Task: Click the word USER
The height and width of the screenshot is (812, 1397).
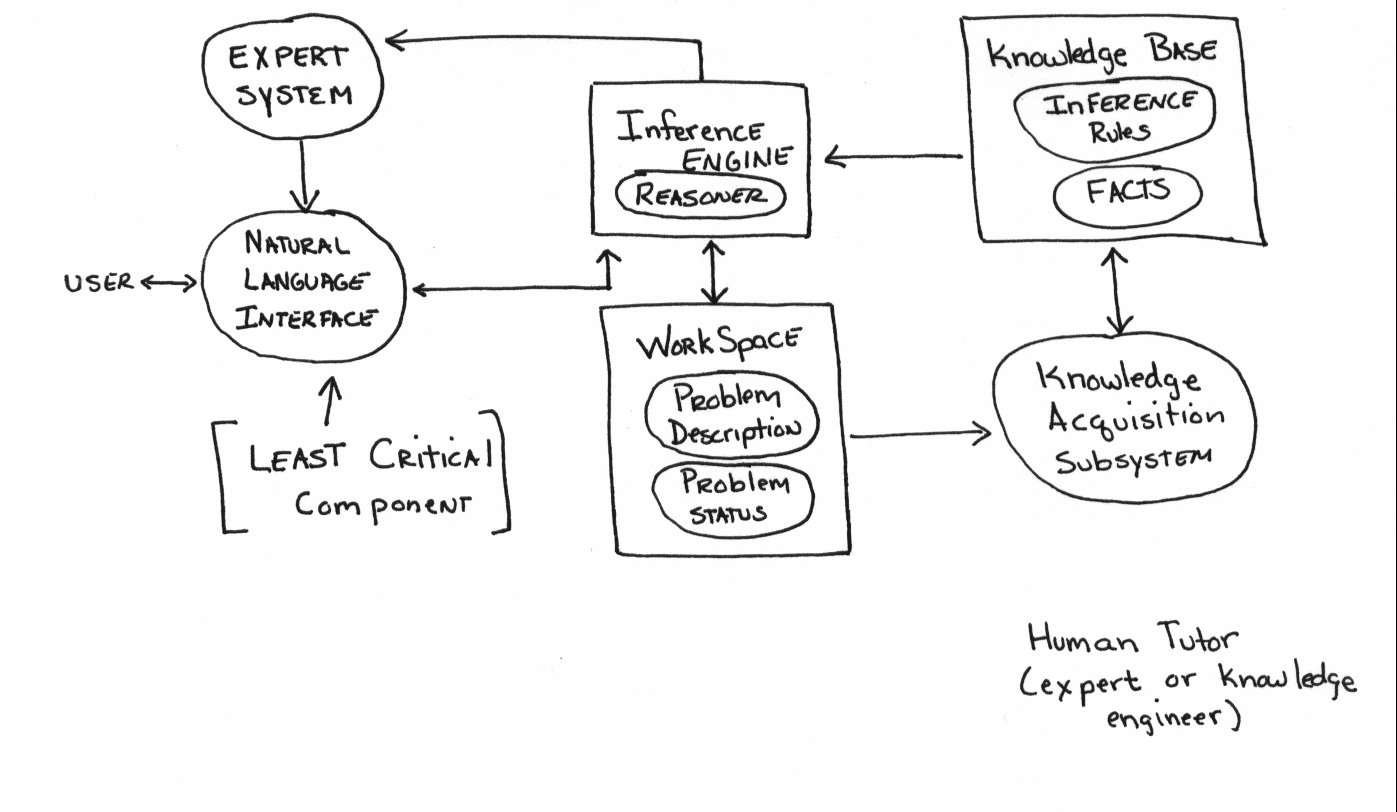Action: click(x=98, y=282)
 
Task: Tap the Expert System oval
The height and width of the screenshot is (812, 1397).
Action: click(x=292, y=80)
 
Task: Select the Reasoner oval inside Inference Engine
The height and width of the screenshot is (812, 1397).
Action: click(x=701, y=195)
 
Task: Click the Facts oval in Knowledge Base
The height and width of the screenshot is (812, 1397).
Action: click(x=1127, y=192)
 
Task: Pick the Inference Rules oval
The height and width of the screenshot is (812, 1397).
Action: click(x=1114, y=121)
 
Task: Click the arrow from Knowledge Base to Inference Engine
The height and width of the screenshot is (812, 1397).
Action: click(x=893, y=156)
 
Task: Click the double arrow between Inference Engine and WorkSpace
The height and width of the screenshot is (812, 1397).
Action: click(x=713, y=271)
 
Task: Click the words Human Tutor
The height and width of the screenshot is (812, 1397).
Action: click(x=1133, y=639)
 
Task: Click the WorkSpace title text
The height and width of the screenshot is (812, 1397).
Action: click(x=718, y=344)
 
